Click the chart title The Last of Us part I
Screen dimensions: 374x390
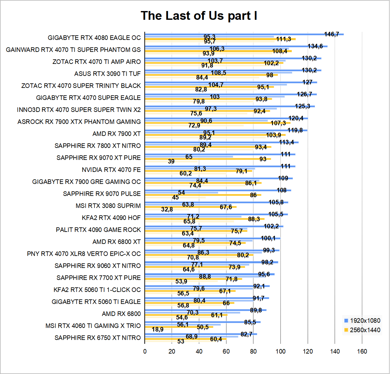199,16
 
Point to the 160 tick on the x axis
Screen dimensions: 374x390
362,352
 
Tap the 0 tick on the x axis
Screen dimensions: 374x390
145,352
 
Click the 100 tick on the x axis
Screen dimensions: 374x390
281,352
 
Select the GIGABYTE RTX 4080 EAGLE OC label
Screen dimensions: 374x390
94,38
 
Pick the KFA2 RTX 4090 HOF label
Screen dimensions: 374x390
111,218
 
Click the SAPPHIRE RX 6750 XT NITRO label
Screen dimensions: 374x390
97,338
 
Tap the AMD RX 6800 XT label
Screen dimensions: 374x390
116,242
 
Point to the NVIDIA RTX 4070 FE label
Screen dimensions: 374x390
111,170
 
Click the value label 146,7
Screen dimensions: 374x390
332,34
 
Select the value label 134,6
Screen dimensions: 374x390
315,46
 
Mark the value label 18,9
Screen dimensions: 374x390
157,329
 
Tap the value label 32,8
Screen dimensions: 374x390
167,209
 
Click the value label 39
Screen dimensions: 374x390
171,161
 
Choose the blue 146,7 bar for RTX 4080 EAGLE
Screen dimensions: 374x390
244,34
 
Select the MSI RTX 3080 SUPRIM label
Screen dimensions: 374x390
108,206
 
